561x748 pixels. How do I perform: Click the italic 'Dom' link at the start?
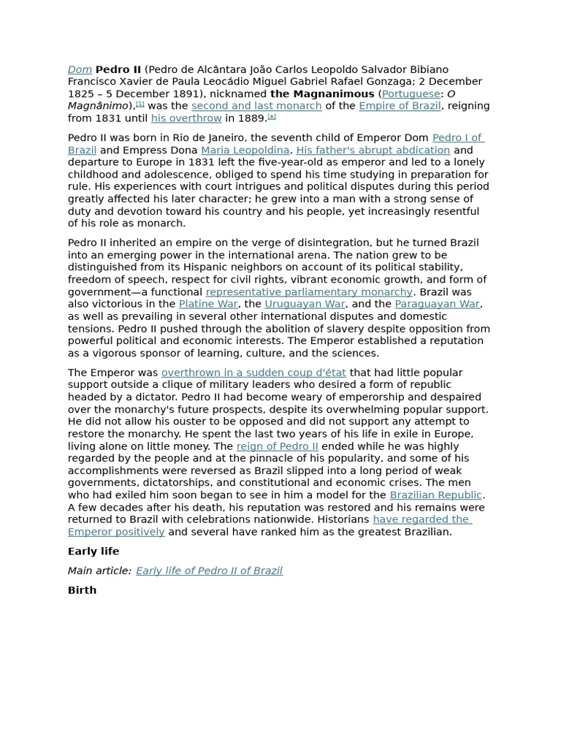[x=80, y=69]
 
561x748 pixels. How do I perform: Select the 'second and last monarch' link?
[x=256, y=106]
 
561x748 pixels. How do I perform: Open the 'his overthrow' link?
[x=186, y=118]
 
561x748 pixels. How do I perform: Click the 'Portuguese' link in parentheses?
[x=411, y=94]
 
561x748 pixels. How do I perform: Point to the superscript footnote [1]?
[x=140, y=104]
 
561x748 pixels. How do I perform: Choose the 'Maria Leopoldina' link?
[x=245, y=150]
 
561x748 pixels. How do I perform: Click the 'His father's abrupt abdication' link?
[x=373, y=150]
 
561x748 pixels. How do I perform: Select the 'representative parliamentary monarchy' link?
[x=309, y=292]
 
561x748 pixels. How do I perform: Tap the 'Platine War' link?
[x=208, y=304]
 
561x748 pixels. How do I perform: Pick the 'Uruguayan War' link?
[x=305, y=304]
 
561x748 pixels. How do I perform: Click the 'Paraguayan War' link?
[x=437, y=304]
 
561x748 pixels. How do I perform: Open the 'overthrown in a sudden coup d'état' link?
[x=253, y=373]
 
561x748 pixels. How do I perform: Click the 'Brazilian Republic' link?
[x=435, y=495]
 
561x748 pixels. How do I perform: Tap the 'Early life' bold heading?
[x=93, y=552]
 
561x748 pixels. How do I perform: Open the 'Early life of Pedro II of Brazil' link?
[x=209, y=571]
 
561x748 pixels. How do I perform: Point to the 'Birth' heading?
[x=82, y=590]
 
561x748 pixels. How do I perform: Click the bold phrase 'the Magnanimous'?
[x=322, y=94]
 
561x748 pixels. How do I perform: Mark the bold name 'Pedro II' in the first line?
[x=118, y=69]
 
